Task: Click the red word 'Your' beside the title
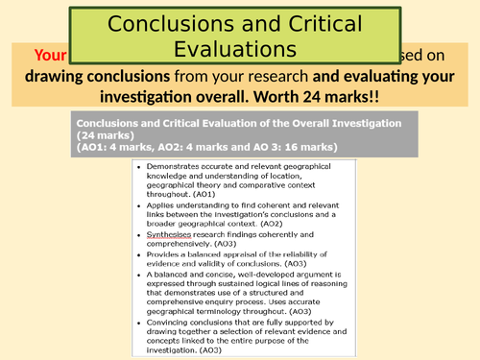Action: pyautogui.click(x=50, y=54)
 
